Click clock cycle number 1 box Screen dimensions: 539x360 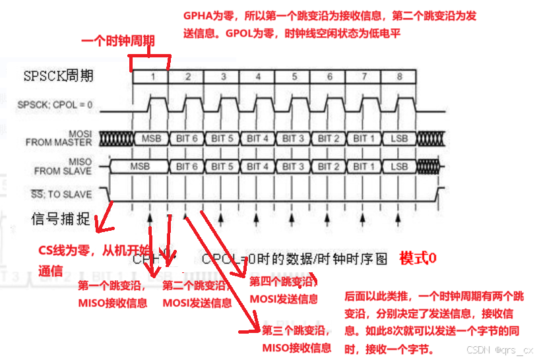(152, 76)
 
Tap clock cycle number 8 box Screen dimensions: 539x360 (399, 76)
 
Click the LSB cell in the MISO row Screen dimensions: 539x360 (399, 166)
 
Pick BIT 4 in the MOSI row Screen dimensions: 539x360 (258, 138)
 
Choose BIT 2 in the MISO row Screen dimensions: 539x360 (329, 166)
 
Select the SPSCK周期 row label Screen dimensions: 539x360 (58, 76)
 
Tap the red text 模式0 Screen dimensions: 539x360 (418, 258)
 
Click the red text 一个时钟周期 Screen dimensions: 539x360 (118, 41)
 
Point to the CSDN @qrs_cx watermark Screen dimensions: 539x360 (499, 350)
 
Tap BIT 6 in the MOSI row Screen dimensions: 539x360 (187, 138)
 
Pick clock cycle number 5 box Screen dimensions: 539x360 (294, 76)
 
